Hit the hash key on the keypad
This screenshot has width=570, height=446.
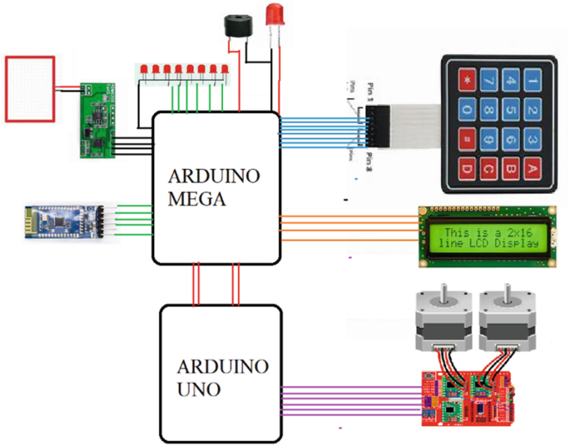467,138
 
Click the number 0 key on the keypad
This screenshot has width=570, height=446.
467,110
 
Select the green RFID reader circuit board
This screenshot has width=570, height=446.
97,121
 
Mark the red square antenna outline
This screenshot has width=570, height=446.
30,87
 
